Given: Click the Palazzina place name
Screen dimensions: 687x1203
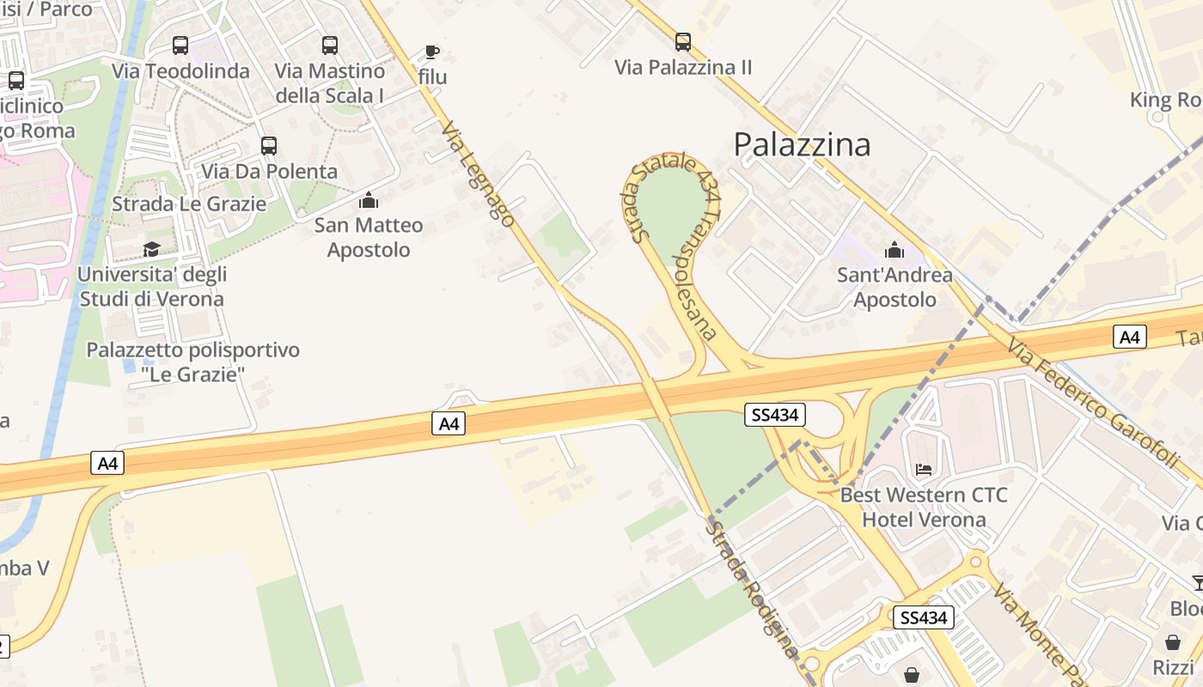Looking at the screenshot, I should coord(802,144).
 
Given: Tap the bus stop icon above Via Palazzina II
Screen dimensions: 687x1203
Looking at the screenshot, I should coord(683,41).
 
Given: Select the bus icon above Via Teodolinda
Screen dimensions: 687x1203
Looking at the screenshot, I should coord(180,46).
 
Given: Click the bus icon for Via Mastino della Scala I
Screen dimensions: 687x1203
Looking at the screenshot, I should coord(330,46).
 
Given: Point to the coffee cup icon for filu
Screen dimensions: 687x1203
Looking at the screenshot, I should coord(432,52).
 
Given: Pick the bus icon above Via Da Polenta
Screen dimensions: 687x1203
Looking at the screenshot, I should coord(269,146).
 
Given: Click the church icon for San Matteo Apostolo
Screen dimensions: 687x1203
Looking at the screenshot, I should coord(369,200).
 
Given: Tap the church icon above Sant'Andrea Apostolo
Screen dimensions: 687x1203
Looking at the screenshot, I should coord(895,250).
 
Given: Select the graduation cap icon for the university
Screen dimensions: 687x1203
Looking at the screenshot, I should coord(151,249).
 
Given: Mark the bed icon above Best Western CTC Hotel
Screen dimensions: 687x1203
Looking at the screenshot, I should coord(924,469).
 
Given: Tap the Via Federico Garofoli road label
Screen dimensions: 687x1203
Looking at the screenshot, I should coord(1091,404).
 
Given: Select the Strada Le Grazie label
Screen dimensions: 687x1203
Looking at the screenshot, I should coord(189,204).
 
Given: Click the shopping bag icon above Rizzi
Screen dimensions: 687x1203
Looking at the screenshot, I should coord(1173,642).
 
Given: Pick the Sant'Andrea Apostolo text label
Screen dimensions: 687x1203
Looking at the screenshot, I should coord(895,288).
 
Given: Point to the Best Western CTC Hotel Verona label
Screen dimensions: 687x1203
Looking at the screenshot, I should coord(924,508).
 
